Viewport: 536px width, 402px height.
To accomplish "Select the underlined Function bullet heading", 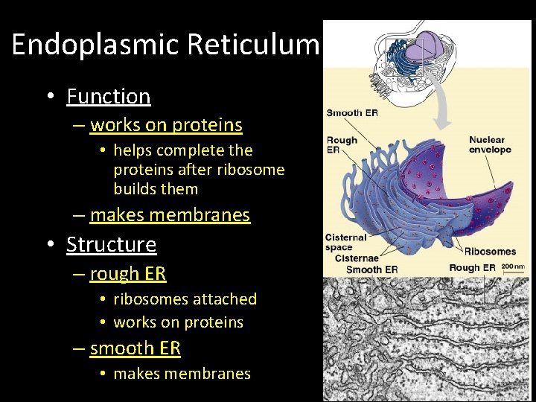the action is point(108,96).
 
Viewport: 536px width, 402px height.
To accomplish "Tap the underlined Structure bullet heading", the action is point(111,244).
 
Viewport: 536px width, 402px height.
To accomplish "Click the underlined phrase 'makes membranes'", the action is point(170,215).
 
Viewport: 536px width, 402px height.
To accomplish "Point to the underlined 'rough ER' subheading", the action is point(127,274).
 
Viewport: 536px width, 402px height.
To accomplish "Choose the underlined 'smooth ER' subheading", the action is point(135,348).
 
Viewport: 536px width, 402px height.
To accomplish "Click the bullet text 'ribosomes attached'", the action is point(185,299).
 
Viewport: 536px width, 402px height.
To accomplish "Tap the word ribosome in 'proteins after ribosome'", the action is point(253,170).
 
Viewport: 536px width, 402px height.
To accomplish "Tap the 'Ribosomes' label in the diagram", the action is point(489,252).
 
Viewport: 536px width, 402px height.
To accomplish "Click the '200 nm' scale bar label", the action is point(513,265).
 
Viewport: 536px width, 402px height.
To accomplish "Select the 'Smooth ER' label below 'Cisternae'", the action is point(371,269).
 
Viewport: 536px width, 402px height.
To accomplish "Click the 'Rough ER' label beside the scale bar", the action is point(472,268).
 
